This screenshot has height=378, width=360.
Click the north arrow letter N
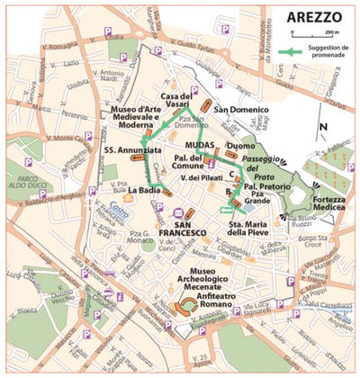point(323,127)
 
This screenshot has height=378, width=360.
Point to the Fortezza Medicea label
point(328,203)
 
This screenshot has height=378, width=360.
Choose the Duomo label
point(241,144)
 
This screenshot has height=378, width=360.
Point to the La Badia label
point(144,192)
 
